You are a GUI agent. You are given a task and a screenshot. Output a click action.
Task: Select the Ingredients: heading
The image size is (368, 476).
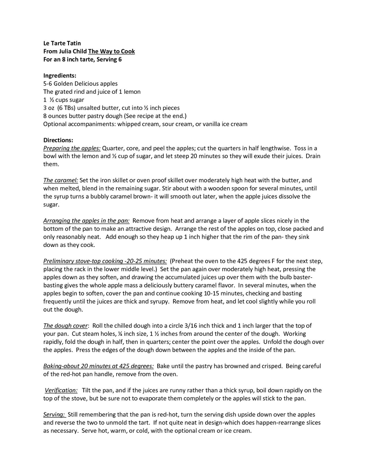click(60, 75)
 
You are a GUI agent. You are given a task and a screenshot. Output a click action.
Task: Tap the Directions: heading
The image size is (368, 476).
click(58, 140)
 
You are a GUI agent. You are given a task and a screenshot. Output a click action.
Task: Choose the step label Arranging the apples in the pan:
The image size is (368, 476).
click(86, 221)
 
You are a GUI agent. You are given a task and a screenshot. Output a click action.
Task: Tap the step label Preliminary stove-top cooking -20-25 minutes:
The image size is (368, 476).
click(105, 261)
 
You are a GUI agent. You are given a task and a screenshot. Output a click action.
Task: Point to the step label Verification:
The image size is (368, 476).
click(61, 390)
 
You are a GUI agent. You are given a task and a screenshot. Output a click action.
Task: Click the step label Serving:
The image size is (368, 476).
click(54, 414)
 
